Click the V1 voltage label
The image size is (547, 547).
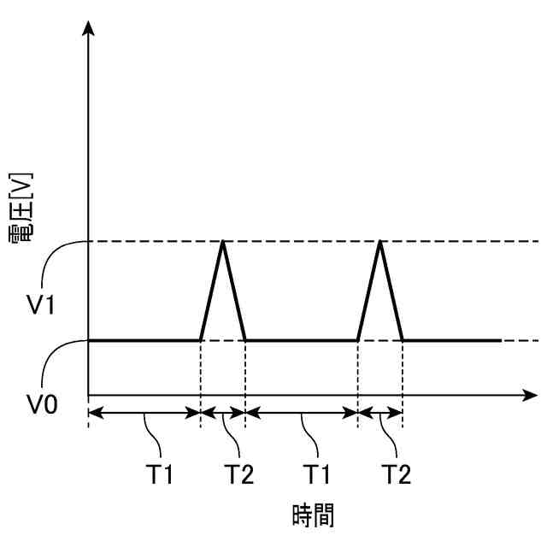tap(40, 305)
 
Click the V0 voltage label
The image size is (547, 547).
tap(40, 403)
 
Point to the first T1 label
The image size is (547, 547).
tap(159, 472)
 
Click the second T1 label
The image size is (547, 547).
tap(319, 472)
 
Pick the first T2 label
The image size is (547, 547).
tap(239, 472)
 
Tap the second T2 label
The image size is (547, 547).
tap(397, 472)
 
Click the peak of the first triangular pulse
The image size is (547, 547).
tap(223, 242)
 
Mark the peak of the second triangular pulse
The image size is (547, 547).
tap(380, 242)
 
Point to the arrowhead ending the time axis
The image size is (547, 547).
tap(527, 397)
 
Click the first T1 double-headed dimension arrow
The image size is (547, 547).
tap(144, 413)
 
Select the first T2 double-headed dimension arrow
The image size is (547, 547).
tap(223, 413)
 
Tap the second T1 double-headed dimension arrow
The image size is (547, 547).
tap(302, 413)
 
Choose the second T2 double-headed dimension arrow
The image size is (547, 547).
tap(380, 413)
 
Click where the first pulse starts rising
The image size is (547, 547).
tap(201, 340)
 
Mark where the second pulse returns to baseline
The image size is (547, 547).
tap(403, 340)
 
